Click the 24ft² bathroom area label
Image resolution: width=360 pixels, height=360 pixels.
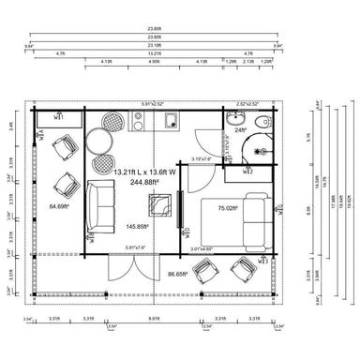point(239,129)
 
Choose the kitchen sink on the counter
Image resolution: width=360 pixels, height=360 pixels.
point(172,120)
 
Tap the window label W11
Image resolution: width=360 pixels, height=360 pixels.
point(57,118)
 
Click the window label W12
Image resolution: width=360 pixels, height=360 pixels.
point(248,172)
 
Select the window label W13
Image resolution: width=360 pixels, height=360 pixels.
point(187,230)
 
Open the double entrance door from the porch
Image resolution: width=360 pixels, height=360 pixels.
point(124,272)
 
